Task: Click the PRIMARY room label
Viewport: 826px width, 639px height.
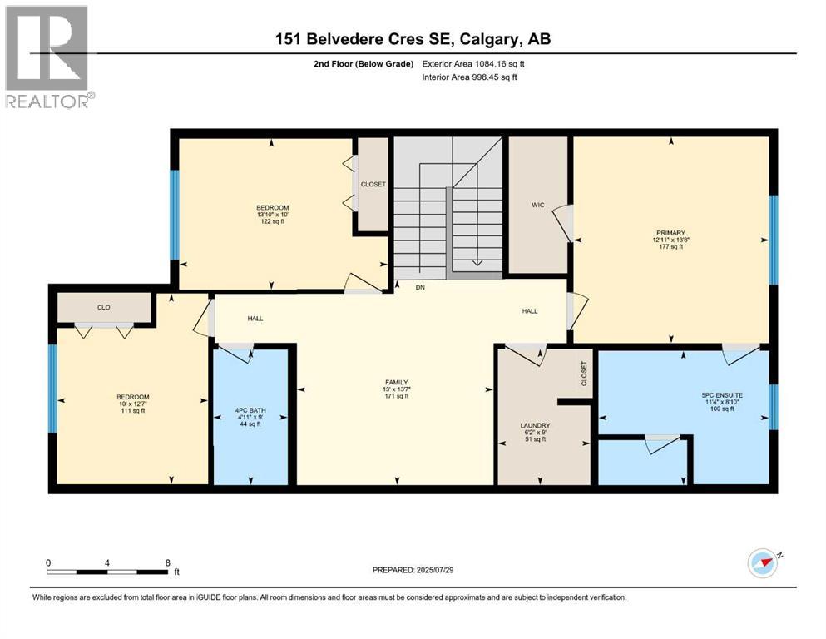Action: (669, 233)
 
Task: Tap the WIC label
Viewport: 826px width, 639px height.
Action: (537, 205)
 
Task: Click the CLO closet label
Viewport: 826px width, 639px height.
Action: (104, 307)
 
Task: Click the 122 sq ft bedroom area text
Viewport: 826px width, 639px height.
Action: (271, 222)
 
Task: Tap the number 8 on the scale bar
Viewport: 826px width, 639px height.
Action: (168, 562)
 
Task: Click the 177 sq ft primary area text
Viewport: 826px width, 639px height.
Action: (669, 247)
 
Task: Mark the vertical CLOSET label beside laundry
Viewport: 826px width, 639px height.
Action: (584, 374)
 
